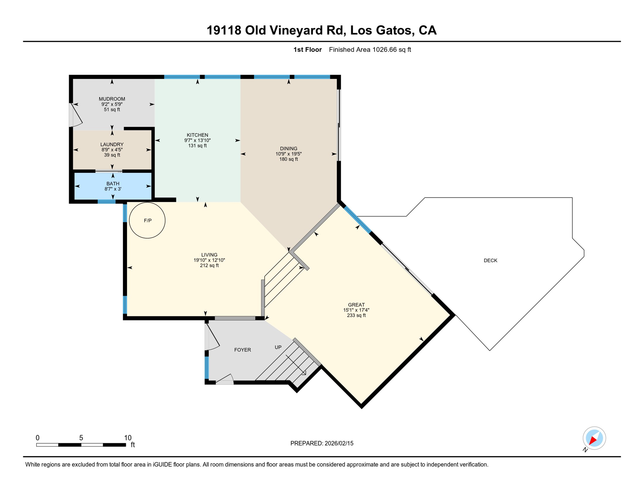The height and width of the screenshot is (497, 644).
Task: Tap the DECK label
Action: point(490,260)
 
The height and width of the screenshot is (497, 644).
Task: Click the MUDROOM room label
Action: point(112,99)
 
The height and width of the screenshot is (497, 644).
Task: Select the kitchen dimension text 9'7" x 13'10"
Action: point(197,140)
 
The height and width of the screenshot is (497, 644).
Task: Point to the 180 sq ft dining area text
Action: point(288,159)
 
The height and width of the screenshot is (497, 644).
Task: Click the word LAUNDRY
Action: point(112,144)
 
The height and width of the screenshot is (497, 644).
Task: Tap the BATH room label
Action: point(113,183)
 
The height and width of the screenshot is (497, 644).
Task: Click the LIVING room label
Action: point(209,255)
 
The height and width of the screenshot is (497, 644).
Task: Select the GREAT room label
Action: point(356,305)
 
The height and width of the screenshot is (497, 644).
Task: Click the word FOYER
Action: point(242,350)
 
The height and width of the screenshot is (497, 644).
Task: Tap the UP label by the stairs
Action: point(278,347)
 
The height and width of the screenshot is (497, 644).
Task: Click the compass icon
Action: point(594,438)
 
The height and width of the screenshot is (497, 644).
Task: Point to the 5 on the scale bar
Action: point(81,438)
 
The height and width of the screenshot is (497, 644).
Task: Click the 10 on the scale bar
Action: point(128,438)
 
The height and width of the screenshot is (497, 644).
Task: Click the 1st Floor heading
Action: point(307,50)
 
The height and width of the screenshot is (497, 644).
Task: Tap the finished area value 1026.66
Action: point(385,50)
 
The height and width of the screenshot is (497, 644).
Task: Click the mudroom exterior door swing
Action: point(76,115)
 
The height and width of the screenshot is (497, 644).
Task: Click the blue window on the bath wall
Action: point(107,202)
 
